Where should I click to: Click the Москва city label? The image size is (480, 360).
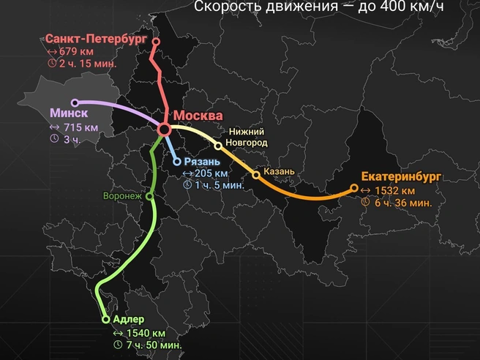click(x=198, y=116)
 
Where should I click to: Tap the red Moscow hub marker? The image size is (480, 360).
click(x=164, y=129)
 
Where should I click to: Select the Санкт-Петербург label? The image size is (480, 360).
click(x=96, y=38)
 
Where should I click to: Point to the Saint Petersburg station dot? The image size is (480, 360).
click(x=155, y=42)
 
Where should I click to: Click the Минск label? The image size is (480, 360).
click(x=70, y=113)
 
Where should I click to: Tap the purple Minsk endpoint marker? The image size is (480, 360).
click(x=75, y=103)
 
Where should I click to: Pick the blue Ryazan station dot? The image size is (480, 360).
click(x=176, y=162)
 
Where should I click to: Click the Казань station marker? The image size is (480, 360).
click(x=255, y=174)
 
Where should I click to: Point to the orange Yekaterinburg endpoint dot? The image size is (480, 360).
click(x=354, y=188)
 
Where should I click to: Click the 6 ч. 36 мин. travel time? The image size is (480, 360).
click(x=402, y=203)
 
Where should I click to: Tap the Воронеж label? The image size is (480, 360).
click(x=121, y=196)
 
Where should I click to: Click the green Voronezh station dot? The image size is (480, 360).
click(x=149, y=196)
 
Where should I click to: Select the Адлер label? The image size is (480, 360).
click(x=129, y=319)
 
